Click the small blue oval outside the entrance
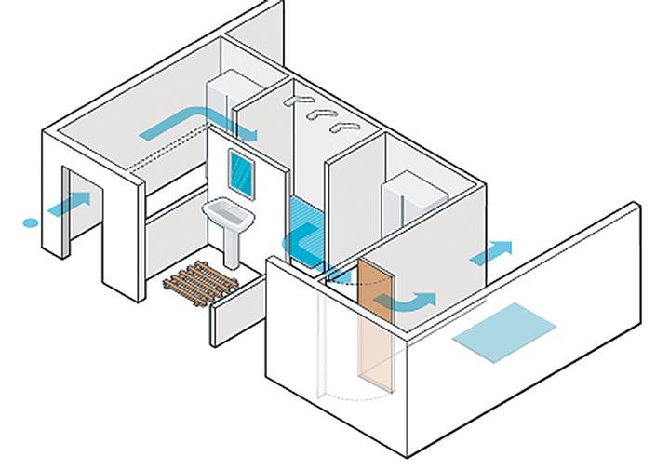[31, 222]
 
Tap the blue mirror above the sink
[242, 174]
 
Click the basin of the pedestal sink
[227, 215]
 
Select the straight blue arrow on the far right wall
[491, 252]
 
